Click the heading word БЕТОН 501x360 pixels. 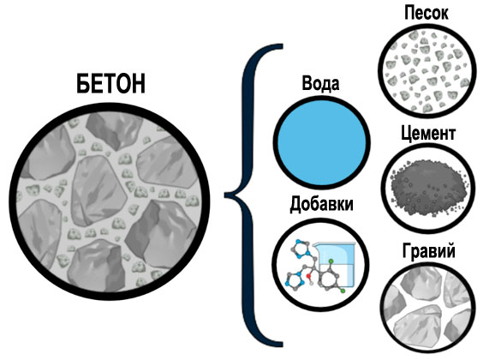click(110, 83)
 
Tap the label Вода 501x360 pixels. click(320, 83)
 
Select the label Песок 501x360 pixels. click(426, 13)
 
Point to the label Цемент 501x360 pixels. click(428, 134)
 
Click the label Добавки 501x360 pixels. click(321, 204)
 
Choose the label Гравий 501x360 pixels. click(428, 251)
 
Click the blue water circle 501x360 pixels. click(321, 141)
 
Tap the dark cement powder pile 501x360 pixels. click(426, 185)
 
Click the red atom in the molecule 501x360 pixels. click(309, 276)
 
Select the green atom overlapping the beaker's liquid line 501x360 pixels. click(331, 261)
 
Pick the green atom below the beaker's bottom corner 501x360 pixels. click(343, 291)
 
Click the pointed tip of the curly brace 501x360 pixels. click(225, 195)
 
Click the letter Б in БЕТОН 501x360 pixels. click(83, 84)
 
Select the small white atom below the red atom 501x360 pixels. click(312, 283)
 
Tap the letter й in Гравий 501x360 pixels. click(450, 250)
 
